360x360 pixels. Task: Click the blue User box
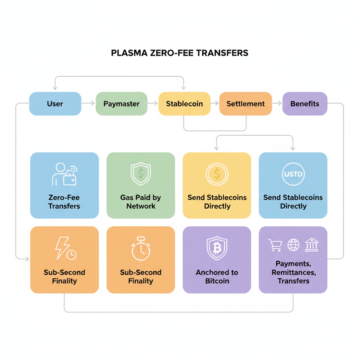55,104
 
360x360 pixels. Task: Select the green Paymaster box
121,104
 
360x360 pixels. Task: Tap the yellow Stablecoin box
184,104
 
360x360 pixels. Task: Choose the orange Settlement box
245,104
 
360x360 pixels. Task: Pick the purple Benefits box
304,104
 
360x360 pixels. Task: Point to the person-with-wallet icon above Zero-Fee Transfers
65,174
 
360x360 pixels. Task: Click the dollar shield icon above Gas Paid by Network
141,174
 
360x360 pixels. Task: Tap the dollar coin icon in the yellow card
217,174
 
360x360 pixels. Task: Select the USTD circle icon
293,174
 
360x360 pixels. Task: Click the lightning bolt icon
63,248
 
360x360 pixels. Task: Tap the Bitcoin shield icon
217,247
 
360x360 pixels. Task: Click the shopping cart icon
275,245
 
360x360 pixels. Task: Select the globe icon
293,245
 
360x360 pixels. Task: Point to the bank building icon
311,245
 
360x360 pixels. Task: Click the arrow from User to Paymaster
88,103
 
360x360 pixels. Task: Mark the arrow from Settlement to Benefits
277,103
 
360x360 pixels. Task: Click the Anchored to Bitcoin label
217,277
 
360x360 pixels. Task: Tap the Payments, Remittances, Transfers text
293,272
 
